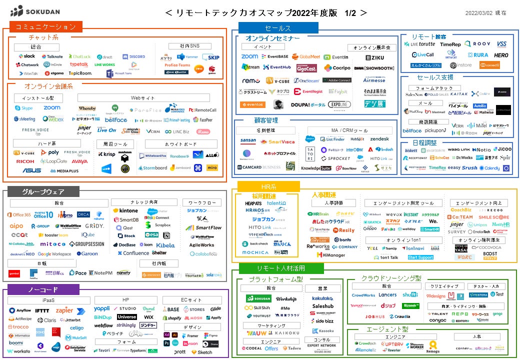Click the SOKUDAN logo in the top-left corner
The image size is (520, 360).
pos(36,10)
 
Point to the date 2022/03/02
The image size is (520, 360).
pos(479,13)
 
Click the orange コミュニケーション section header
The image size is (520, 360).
pos(45,27)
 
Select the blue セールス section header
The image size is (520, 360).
pos(278,28)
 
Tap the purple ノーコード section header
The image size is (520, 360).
pos(43,289)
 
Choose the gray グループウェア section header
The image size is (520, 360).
pos(43,191)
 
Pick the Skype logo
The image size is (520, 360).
pos(23,108)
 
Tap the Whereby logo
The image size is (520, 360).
pos(87,108)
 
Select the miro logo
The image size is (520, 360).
pos(212,168)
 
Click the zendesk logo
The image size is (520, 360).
pos(379,139)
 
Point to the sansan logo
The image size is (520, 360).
pos(248,141)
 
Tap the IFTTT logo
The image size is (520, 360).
pos(42,310)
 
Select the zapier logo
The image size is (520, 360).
pos(64,310)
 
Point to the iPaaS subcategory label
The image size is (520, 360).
pos(48,300)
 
